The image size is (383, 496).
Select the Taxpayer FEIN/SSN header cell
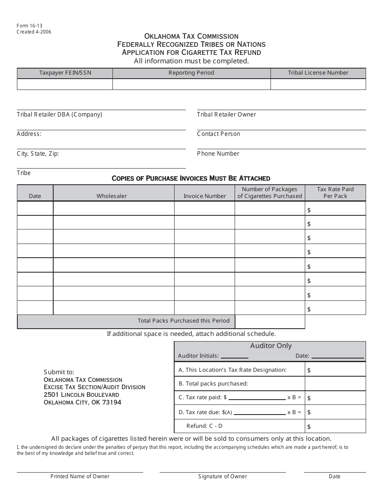[x=65, y=73]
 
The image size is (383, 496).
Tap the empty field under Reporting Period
[x=191, y=84]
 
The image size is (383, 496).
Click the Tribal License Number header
[x=318, y=73]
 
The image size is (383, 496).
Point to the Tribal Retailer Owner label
[x=227, y=115]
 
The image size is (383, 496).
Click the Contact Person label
[x=219, y=134]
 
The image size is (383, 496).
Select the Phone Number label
[x=218, y=154]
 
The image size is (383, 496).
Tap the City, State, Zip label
[x=38, y=154]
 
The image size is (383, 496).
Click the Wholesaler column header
[x=112, y=196]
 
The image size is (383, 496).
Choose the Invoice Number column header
[x=204, y=196]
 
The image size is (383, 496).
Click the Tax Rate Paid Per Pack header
[x=335, y=193]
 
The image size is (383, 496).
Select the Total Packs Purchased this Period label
[x=183, y=321]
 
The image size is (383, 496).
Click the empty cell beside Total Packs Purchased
[x=270, y=321]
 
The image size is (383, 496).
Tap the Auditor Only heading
[x=271, y=346]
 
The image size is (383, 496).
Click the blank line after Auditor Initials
[x=235, y=356]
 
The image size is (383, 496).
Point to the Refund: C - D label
[x=204, y=426]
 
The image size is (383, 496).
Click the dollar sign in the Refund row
[x=309, y=427]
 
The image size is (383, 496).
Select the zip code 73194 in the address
[x=112, y=402]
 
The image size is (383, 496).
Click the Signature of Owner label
[x=223, y=477]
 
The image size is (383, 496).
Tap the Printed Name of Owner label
[x=80, y=477]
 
